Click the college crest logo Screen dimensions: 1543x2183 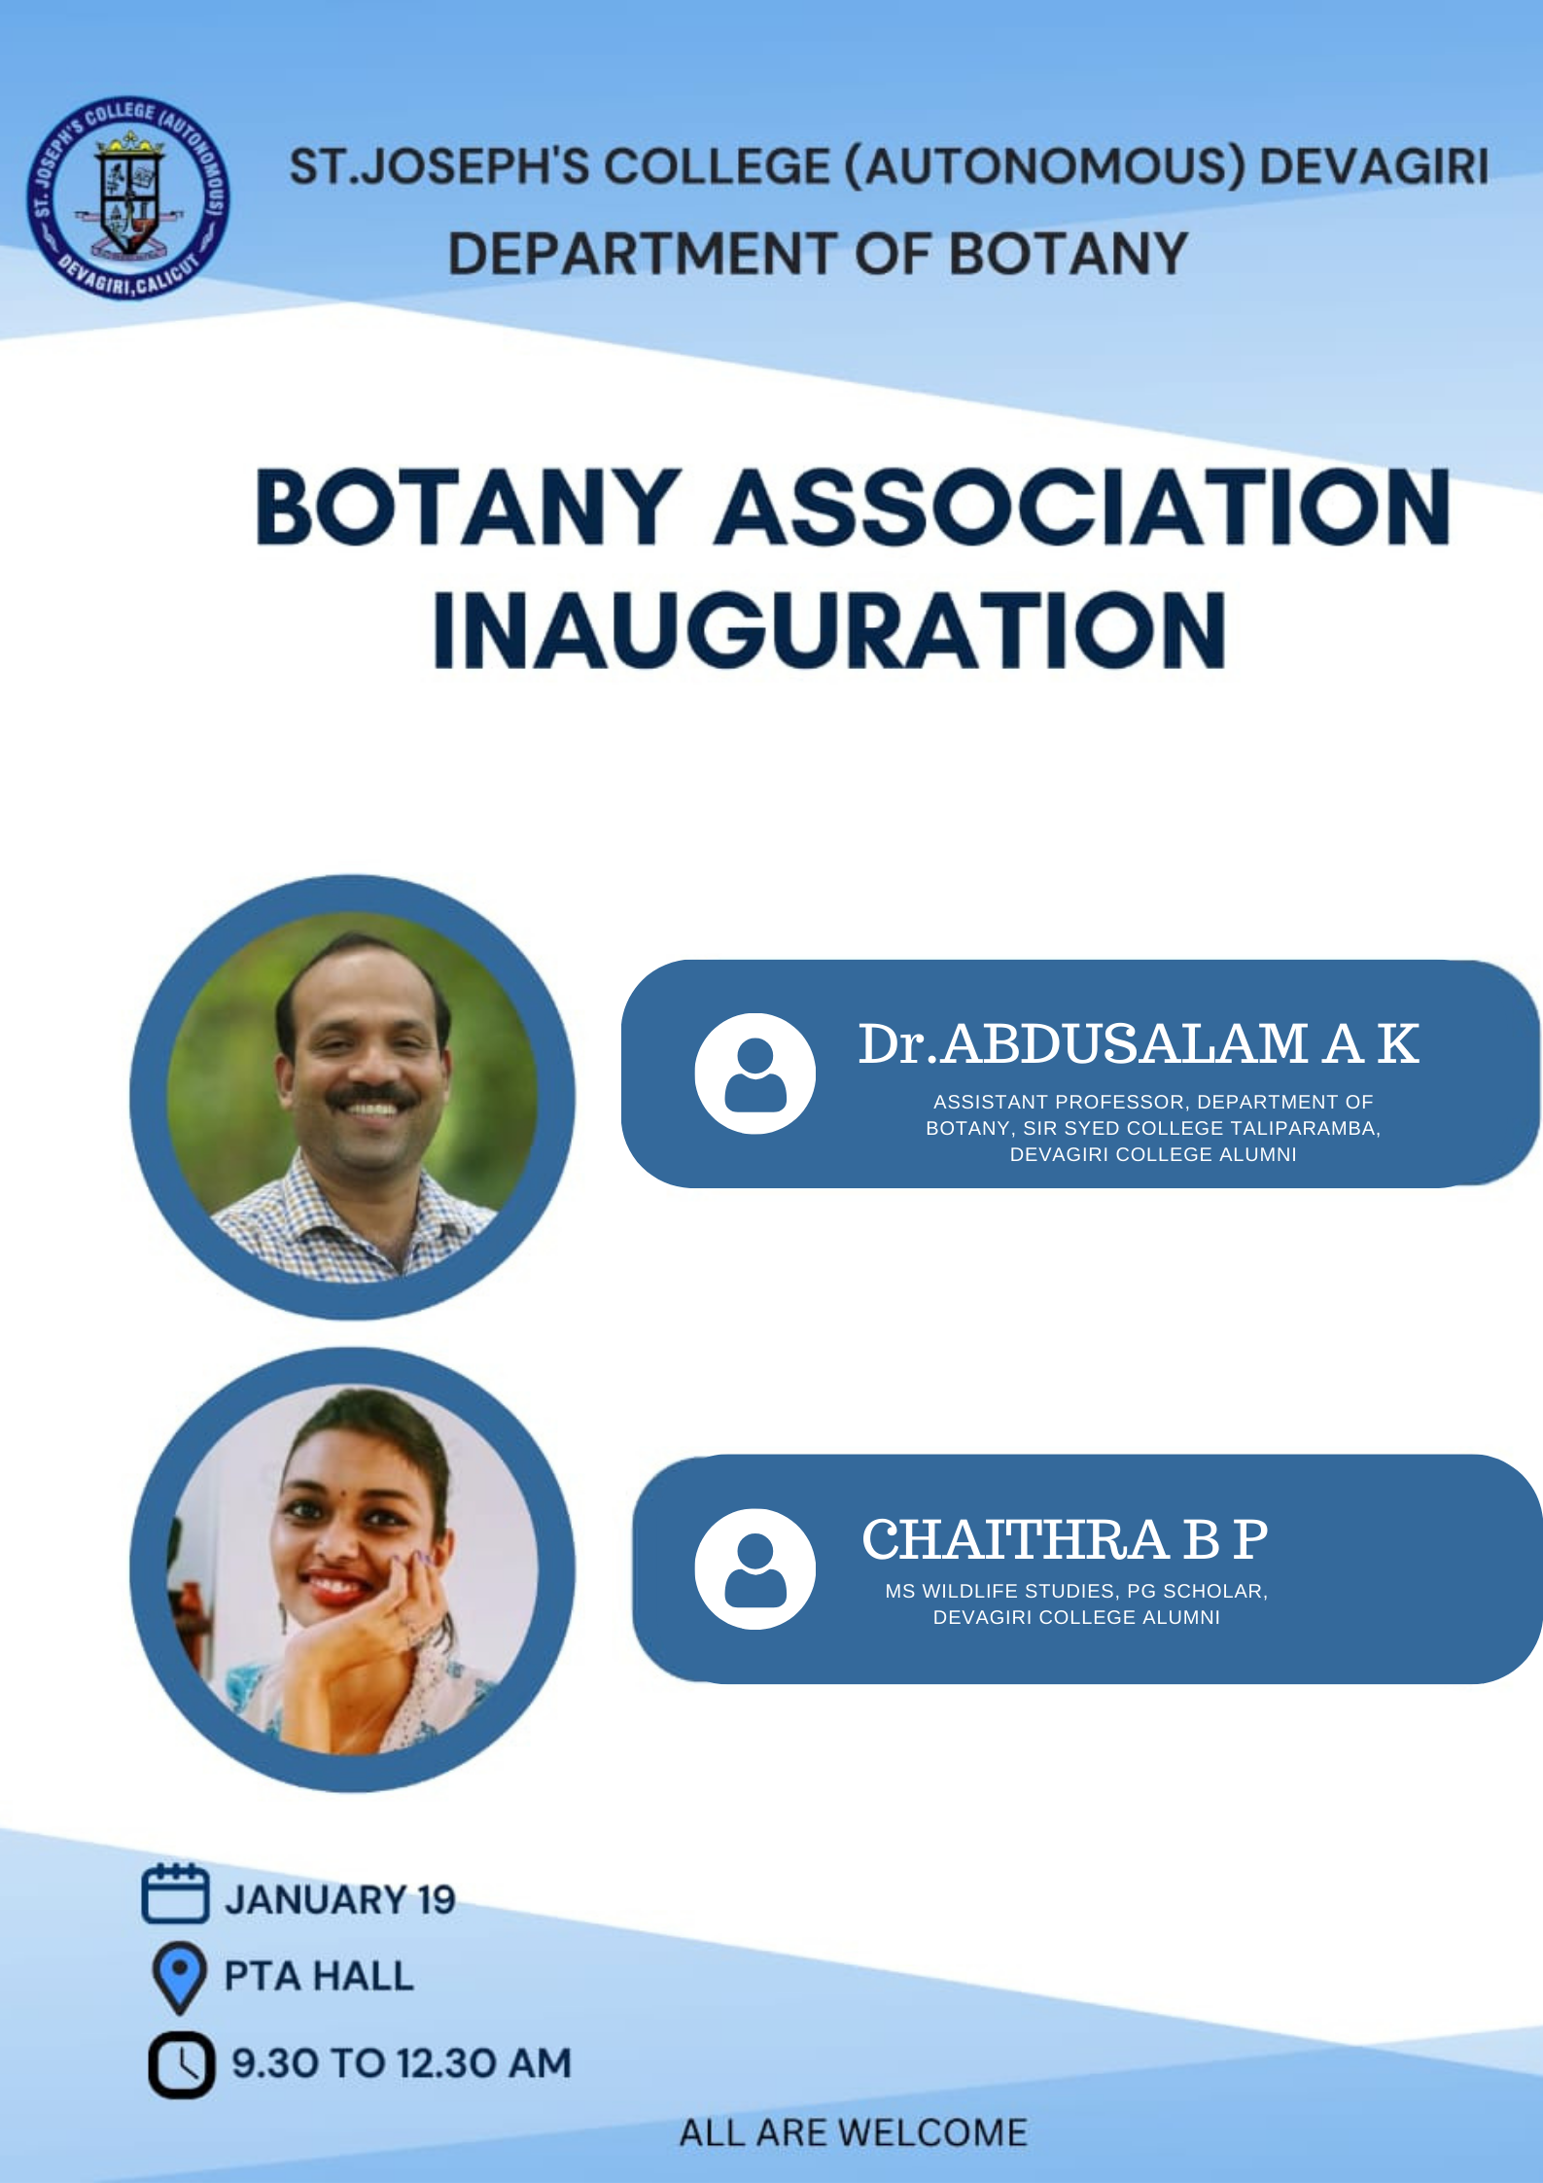[128, 198]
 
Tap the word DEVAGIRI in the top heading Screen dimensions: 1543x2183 [1374, 166]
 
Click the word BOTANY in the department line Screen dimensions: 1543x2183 [1068, 254]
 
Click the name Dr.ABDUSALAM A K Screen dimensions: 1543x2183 [1138, 1044]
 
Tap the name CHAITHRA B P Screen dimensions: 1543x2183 [1065, 1539]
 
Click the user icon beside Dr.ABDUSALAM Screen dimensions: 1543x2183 [754, 1074]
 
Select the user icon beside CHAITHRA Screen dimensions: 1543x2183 [754, 1568]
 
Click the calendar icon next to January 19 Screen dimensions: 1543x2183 [175, 1893]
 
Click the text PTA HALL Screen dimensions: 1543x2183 [319, 1976]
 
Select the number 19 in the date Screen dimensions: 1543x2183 [437, 1900]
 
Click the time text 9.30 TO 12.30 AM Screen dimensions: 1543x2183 [402, 2063]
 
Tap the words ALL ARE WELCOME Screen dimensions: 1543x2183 [853, 2133]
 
